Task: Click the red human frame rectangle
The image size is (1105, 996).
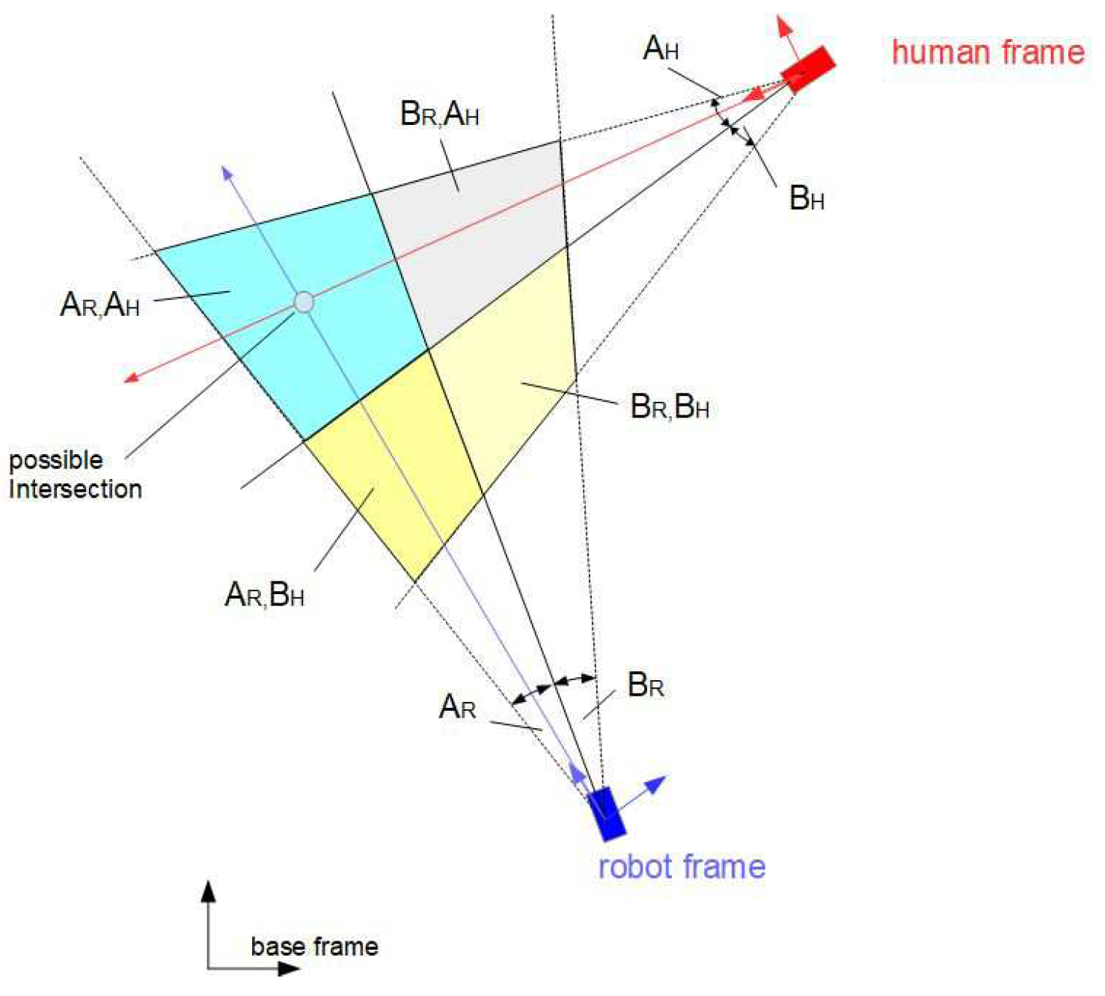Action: (x=808, y=69)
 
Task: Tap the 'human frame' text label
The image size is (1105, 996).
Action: (x=988, y=52)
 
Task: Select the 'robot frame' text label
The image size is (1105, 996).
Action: (x=682, y=867)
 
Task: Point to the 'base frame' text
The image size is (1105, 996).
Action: (x=314, y=947)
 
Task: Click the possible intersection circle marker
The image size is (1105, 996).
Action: (x=304, y=302)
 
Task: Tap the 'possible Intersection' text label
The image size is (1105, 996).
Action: (x=75, y=474)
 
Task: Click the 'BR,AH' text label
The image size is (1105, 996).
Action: (x=440, y=114)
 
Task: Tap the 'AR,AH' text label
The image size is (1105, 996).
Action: (x=100, y=305)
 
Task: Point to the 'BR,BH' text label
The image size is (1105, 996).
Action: (x=670, y=406)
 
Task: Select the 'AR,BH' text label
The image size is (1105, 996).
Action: (x=264, y=595)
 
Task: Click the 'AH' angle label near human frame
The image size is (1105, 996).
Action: (x=661, y=49)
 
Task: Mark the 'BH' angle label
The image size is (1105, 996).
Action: (x=806, y=198)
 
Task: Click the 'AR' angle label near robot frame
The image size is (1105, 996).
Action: (x=457, y=706)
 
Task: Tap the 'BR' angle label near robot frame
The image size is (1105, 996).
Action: (x=646, y=685)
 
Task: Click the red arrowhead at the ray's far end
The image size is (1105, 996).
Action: (x=132, y=377)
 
